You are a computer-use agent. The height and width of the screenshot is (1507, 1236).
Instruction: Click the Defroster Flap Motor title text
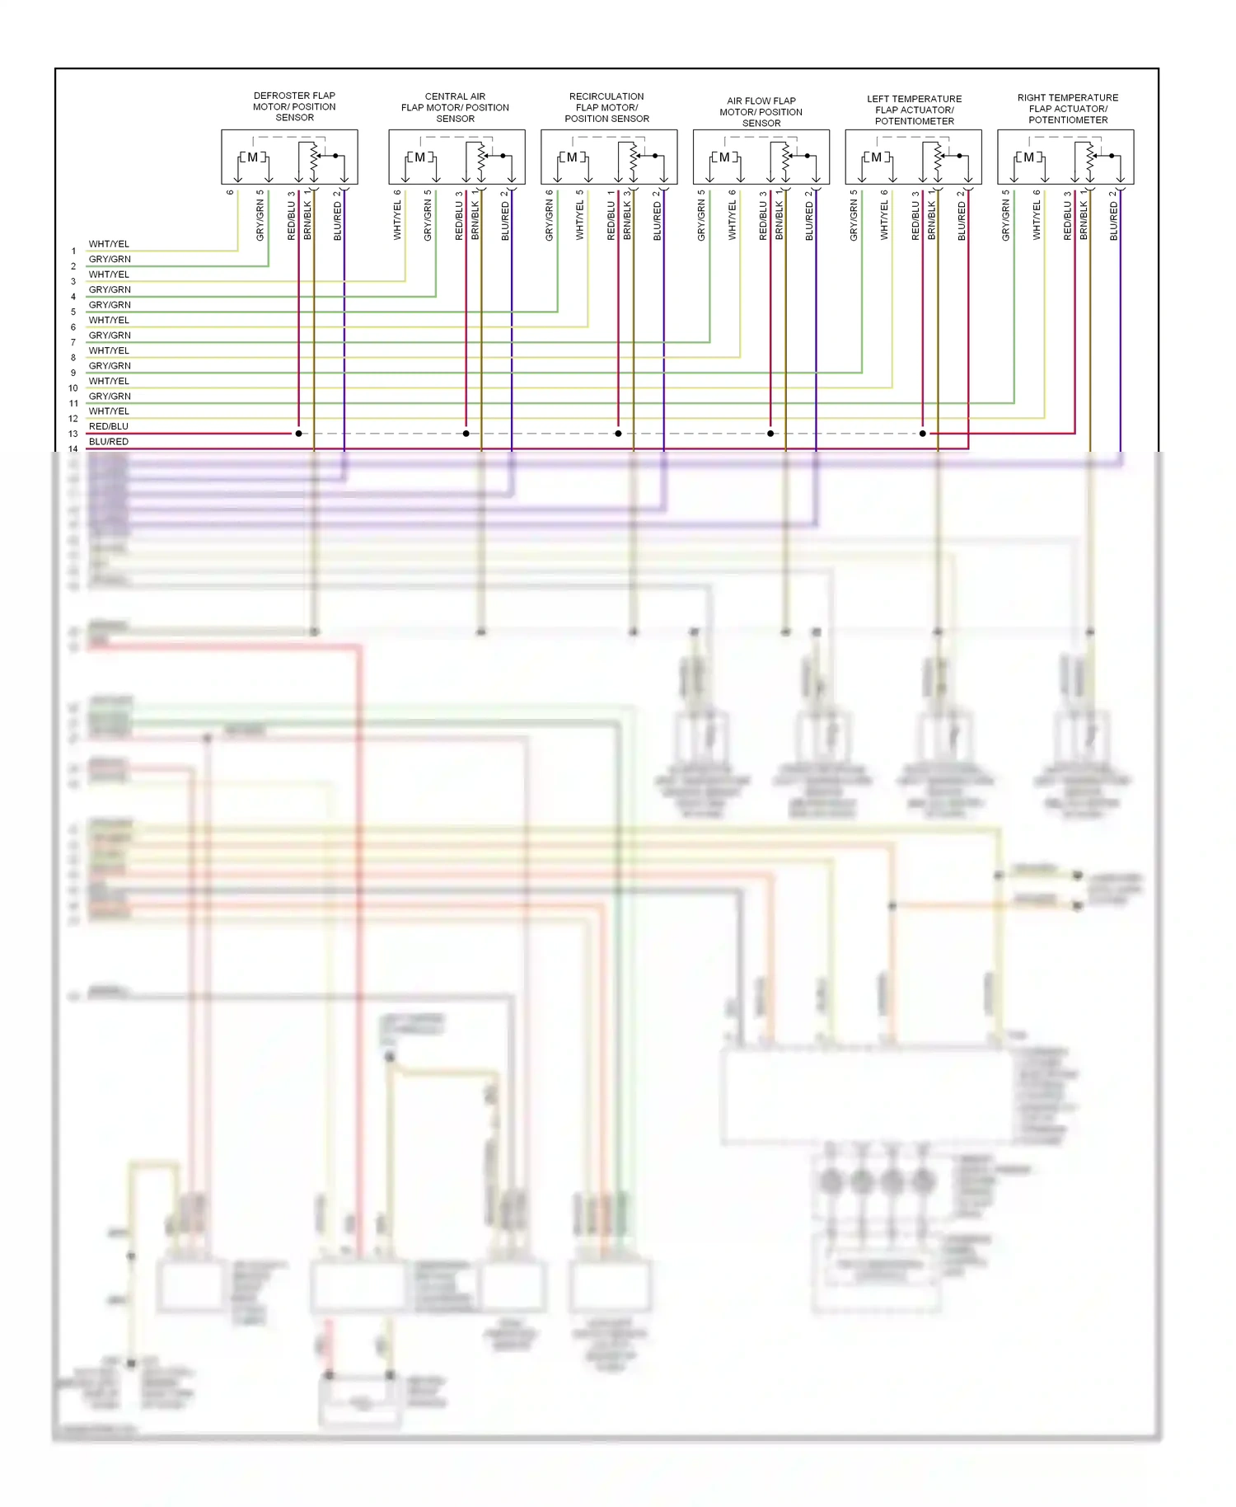[x=294, y=106]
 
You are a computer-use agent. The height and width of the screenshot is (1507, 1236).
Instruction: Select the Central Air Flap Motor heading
[x=455, y=107]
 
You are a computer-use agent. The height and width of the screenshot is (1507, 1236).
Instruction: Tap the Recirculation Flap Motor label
[x=606, y=107]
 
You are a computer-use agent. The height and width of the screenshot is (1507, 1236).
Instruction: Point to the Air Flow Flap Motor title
[x=761, y=111]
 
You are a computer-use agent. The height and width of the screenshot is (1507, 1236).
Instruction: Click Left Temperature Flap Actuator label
[x=914, y=110]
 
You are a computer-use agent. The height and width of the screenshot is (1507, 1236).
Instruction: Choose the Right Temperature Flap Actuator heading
[x=1067, y=109]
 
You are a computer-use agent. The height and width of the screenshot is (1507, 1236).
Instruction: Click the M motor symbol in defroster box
[x=252, y=157]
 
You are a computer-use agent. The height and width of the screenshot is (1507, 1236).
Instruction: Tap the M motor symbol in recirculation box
[x=572, y=157]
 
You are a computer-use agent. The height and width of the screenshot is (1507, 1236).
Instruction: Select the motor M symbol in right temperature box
[x=1028, y=157]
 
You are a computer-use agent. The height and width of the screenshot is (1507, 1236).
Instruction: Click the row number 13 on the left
[x=73, y=434]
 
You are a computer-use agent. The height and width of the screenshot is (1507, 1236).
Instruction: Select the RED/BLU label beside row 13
[x=109, y=426]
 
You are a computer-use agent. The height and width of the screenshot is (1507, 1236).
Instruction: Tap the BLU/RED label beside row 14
[x=109, y=442]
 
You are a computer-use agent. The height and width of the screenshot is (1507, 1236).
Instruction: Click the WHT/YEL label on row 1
[x=109, y=244]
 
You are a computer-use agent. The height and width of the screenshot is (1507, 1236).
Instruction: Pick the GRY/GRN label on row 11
[x=110, y=397]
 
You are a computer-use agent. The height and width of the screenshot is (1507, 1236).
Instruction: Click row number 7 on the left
[x=73, y=342]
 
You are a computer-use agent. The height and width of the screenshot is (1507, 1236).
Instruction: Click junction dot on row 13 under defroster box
[x=298, y=434]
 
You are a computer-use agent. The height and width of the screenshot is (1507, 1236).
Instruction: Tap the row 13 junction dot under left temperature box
[x=923, y=434]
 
